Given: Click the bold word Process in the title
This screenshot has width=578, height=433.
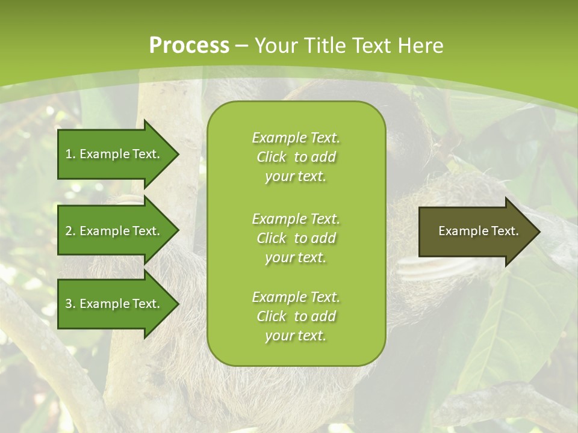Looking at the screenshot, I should (x=189, y=46).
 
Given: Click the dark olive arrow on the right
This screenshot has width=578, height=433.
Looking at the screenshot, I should (x=476, y=231).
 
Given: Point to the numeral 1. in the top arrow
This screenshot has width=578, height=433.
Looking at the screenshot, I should (x=70, y=154).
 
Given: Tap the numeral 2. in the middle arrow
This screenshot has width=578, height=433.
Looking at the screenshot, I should (x=70, y=231).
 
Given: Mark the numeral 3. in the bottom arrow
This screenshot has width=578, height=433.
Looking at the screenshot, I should (x=70, y=304).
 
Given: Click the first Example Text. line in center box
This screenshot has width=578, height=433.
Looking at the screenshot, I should (x=296, y=138).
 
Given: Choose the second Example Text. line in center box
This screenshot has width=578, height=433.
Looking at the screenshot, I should (x=296, y=218).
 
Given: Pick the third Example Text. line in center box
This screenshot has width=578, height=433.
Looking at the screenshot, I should (x=296, y=297).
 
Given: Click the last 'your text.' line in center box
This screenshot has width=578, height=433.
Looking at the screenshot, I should (x=296, y=336).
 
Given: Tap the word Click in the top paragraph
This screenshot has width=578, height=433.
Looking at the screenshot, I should (x=272, y=157).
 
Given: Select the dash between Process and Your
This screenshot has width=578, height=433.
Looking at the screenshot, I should (x=241, y=46).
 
